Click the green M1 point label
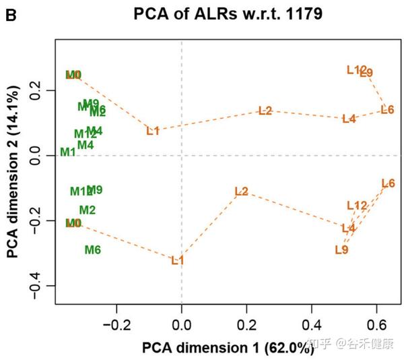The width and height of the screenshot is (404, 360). click(x=67, y=152)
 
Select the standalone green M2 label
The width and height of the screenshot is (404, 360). click(x=88, y=210)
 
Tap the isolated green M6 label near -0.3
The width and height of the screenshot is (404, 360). click(x=93, y=250)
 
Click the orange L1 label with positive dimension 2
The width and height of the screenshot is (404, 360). click(x=153, y=131)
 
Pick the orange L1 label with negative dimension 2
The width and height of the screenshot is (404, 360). click(x=177, y=260)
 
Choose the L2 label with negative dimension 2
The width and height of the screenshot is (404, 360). click(x=241, y=191)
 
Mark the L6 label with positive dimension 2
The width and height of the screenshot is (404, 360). click(x=387, y=110)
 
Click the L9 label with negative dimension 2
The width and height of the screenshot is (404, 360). click(x=341, y=250)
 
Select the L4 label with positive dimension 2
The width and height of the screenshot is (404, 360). click(x=348, y=119)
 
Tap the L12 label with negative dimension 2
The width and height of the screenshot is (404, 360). click(x=357, y=206)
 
